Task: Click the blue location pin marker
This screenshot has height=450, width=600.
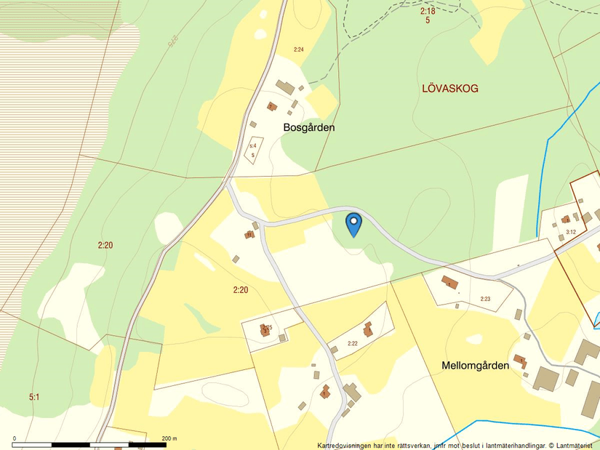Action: (353, 223)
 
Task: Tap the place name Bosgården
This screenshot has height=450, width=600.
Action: (309, 127)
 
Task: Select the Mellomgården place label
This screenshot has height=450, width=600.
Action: (475, 366)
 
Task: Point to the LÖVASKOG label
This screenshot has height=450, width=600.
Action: (450, 89)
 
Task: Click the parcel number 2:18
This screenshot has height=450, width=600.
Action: (428, 11)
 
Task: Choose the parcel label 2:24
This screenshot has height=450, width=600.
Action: (298, 49)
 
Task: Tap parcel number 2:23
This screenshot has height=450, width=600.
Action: (485, 299)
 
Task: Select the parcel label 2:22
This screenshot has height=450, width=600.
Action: (353, 343)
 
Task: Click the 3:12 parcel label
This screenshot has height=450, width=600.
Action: (570, 232)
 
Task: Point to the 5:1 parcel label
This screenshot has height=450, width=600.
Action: (34, 397)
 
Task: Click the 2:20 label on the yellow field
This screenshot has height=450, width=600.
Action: (241, 290)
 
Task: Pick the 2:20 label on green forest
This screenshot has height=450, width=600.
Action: (105, 245)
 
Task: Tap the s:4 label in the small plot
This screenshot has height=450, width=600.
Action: (253, 146)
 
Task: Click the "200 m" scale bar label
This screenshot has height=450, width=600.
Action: (170, 438)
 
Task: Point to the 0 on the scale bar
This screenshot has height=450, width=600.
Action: (15, 438)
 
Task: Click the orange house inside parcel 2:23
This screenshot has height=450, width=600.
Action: (450, 283)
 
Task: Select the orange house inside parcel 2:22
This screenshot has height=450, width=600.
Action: (368, 329)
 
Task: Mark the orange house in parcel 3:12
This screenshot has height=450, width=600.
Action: (566, 219)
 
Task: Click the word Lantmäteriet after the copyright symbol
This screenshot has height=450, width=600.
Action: (577, 445)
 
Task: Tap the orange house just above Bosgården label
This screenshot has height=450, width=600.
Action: (272, 107)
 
